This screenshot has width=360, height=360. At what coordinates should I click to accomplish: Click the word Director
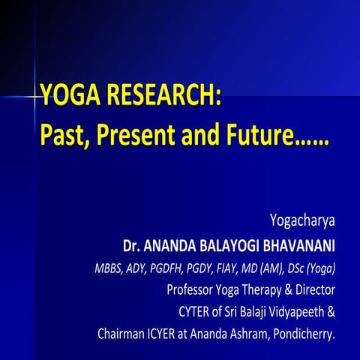click(x=325, y=289)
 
